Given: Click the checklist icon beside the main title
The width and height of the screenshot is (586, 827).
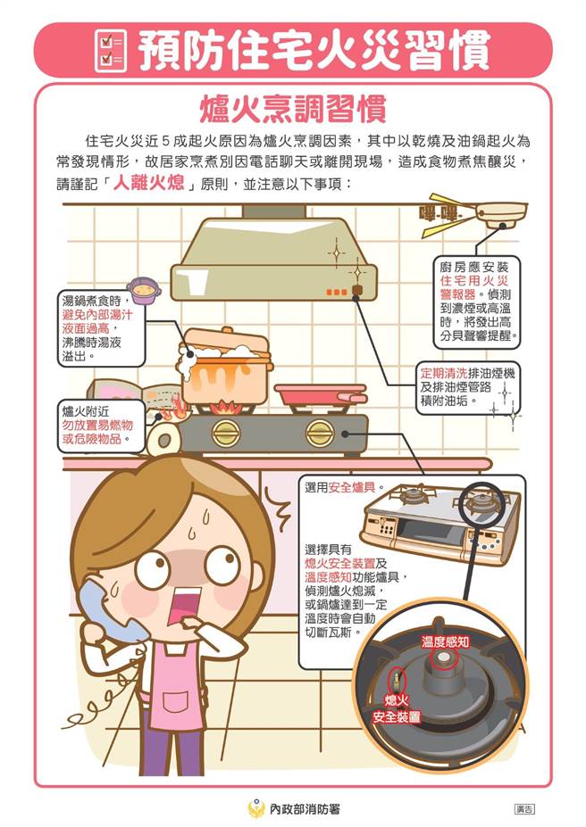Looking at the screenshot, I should (111, 50).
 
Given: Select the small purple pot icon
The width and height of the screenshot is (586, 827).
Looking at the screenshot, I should (143, 290).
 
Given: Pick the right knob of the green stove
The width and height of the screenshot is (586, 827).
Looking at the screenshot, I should (320, 434).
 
